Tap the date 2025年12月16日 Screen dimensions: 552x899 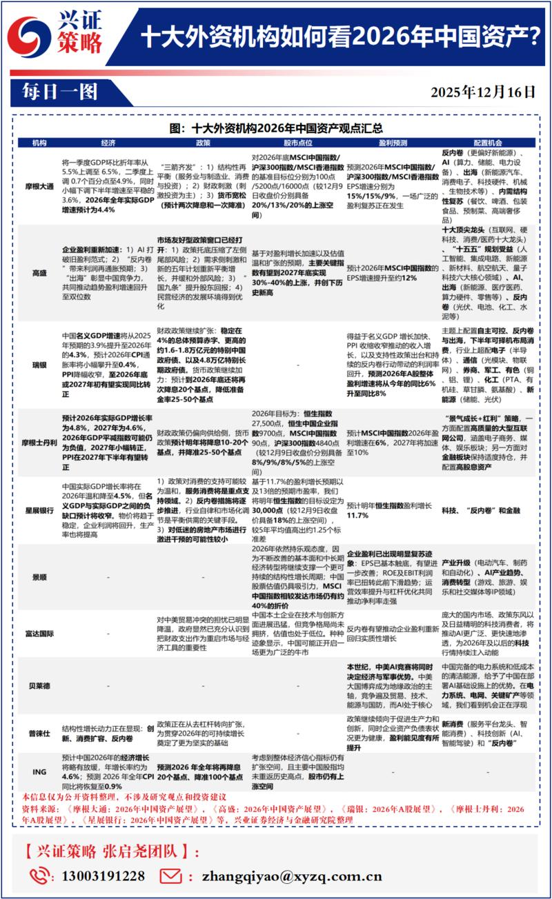click(x=483, y=90)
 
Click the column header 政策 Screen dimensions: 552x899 click(x=203, y=143)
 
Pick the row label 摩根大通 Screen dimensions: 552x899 click(x=40, y=186)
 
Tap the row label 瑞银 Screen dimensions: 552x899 click(x=40, y=363)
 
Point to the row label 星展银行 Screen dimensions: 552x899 click(x=40, y=509)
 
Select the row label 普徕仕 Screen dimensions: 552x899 click(x=40, y=733)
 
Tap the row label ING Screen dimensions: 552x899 click(x=40, y=772)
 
